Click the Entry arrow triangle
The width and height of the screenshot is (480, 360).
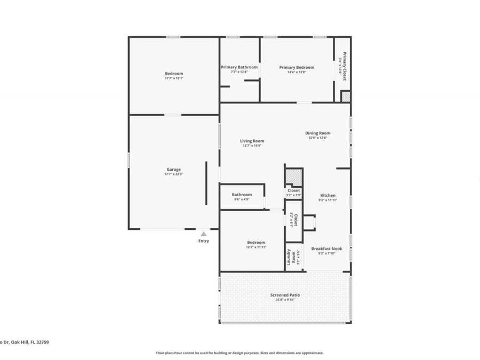(203, 234)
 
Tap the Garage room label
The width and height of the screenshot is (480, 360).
(173, 170)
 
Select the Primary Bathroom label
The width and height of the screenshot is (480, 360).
(239, 68)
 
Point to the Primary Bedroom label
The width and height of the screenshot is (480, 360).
(297, 68)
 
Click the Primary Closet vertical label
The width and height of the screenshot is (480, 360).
(344, 66)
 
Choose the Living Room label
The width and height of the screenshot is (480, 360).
(252, 141)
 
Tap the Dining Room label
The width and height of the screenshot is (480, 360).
(317, 133)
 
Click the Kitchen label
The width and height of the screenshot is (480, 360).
(327, 196)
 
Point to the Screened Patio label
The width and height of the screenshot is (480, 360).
(285, 295)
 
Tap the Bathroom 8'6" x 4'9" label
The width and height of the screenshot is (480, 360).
(242, 195)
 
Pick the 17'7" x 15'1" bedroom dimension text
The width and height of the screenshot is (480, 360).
(174, 78)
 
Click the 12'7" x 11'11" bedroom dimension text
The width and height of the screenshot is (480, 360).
(256, 247)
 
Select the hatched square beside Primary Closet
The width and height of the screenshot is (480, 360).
(346, 97)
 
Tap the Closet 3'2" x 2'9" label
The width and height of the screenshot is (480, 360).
(294, 190)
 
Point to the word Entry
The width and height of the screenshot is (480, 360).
(204, 241)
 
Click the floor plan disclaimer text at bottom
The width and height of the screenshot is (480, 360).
(239, 353)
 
